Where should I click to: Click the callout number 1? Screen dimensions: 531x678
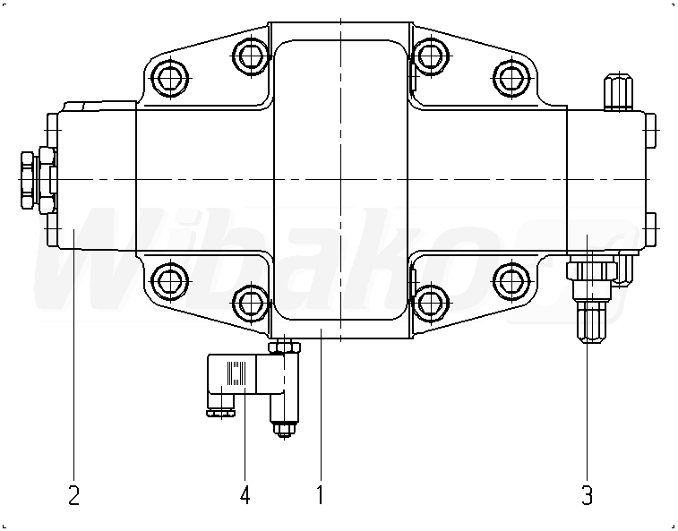coord(319,494)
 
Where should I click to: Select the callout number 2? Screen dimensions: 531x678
coord(73,494)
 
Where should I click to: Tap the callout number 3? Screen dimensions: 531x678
coord(587,494)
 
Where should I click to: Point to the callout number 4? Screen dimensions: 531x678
coord(245,494)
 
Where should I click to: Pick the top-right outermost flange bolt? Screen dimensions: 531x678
coord(510,79)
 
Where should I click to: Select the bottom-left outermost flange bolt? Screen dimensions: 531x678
coord(169,282)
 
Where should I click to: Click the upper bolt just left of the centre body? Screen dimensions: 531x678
coord(250,56)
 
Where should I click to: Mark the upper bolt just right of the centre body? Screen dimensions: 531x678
coord(431,56)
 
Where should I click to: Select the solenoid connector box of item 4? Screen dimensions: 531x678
coord(241,378)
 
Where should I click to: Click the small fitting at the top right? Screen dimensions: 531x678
coord(617,90)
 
